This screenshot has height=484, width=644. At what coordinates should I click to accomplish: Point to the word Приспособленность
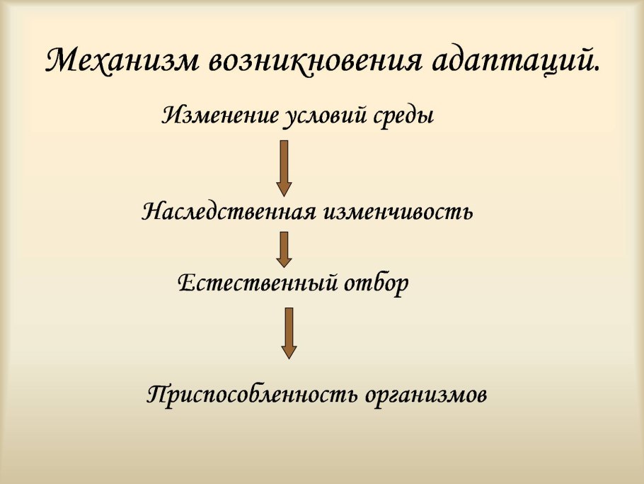point(253,394)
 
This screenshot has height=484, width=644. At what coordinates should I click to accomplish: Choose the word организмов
point(427,394)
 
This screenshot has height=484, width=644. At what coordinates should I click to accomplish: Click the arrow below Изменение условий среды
point(284,168)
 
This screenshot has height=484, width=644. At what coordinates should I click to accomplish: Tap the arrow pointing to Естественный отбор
point(284,249)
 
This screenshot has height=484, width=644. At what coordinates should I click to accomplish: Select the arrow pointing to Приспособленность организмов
point(289,332)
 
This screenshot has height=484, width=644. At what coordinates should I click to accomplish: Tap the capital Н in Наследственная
point(153,211)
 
